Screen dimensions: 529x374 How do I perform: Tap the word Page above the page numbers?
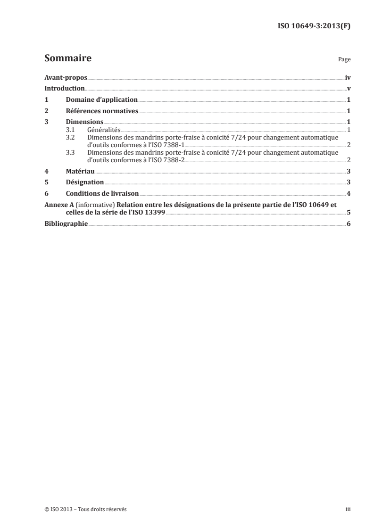click(344, 60)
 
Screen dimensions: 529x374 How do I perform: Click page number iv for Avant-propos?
click(348, 77)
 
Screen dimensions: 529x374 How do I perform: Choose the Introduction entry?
click(65, 88)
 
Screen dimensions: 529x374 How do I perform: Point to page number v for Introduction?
click(349, 88)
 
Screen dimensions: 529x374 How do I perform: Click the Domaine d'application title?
click(101, 99)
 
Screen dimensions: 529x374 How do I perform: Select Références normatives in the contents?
click(102, 111)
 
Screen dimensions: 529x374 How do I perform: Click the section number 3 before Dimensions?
click(46, 122)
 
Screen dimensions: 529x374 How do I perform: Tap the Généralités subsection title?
click(104, 129)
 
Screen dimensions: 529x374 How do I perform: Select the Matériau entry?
click(80, 172)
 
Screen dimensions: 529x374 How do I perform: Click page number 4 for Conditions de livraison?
click(349, 193)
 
